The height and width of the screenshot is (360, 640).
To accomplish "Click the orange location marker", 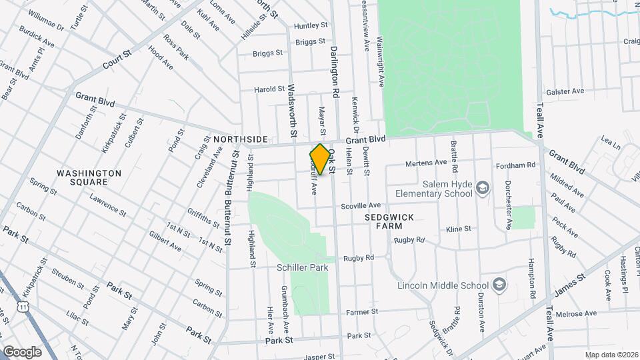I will coord(320,159).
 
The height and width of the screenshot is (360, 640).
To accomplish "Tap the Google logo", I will coord(22,351).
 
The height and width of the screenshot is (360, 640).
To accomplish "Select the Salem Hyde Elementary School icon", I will coord(482,189).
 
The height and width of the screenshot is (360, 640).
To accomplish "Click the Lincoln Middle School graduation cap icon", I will coord(498,286).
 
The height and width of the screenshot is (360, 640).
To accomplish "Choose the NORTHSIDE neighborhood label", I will coord(241,139).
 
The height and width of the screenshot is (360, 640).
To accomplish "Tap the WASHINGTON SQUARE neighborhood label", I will coord(89,177).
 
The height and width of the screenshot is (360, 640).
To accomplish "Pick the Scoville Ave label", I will coord(361,206).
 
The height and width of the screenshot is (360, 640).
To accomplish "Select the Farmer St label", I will coord(361,311).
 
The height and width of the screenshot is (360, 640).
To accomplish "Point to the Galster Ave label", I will coord(565,91).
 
